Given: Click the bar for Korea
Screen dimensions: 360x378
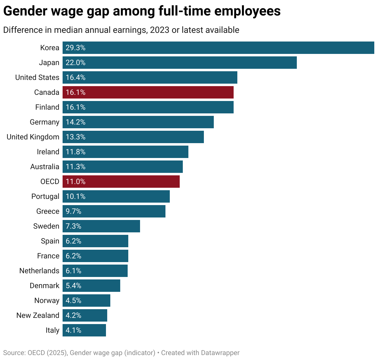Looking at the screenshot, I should pos(218,48).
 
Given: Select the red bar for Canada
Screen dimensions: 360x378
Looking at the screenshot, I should pos(148,92).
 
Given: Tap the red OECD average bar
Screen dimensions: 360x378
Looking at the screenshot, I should pos(121,182).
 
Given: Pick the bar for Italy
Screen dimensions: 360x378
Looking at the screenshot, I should pos(84,330).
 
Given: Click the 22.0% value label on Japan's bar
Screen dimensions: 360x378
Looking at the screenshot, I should pos(75,63).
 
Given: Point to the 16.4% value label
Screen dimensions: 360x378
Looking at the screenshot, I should pos(75,77).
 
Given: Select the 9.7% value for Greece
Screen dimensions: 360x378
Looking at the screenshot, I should pos(73,211).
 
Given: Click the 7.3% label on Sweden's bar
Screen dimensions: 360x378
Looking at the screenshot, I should pos(73,226).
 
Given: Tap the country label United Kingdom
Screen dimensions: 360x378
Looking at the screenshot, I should pos(33,137).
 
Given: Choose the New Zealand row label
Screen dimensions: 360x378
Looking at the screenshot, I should pos(38,315).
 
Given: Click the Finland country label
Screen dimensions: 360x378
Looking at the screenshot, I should pos(47,107).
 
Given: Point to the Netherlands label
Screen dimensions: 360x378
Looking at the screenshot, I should pos(39,271).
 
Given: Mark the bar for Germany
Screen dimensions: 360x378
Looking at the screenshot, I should pos(138,122).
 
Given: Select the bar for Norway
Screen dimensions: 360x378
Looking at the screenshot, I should pos(86,301).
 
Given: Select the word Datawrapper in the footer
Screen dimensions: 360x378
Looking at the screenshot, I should pos(220,353).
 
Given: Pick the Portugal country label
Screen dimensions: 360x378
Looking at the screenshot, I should pos(45,196).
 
